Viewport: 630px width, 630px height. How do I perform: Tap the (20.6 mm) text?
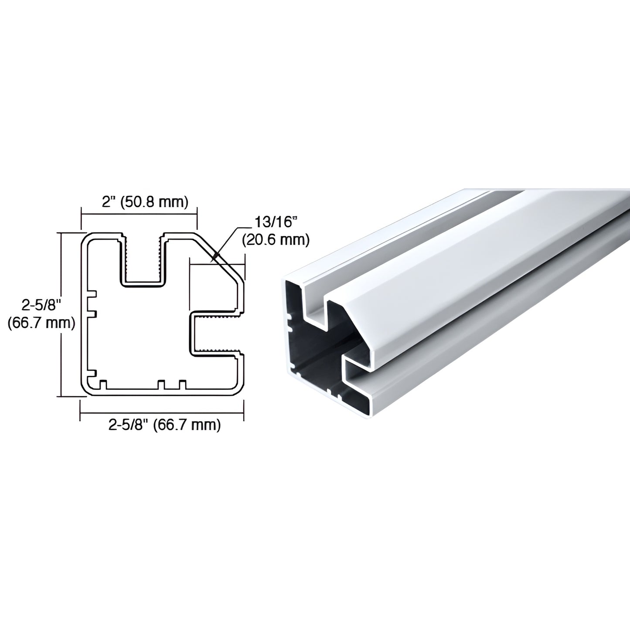pyautogui.click(x=276, y=239)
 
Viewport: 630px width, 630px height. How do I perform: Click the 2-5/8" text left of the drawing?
pyautogui.click(x=40, y=305)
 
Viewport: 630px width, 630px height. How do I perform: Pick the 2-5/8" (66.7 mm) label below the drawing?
pyautogui.click(x=164, y=425)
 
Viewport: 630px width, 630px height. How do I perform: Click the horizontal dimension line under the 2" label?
pyautogui.click(x=139, y=214)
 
